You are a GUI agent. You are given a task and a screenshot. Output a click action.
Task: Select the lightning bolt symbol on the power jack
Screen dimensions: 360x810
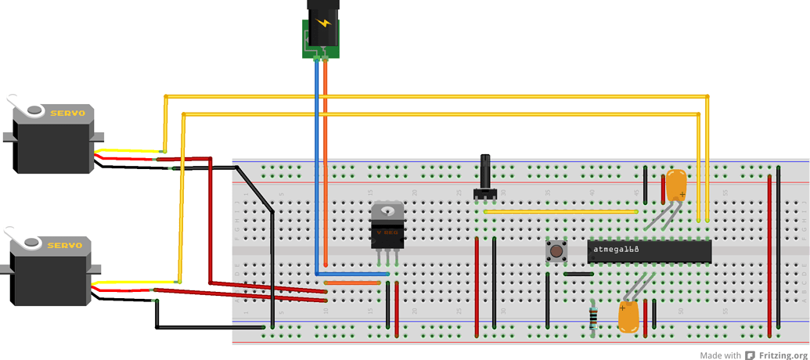coord(323,23)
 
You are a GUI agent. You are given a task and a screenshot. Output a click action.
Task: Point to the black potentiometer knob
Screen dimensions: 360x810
coord(485,174)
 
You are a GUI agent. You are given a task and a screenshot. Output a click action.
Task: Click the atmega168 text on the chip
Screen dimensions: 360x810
coord(617,250)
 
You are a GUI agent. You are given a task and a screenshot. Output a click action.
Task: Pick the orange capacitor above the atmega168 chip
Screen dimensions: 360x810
coord(676,184)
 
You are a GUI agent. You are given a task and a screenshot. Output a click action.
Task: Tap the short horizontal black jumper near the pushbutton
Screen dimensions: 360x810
coord(578,274)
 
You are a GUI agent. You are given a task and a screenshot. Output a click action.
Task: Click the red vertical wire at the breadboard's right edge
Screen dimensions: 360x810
coord(770,250)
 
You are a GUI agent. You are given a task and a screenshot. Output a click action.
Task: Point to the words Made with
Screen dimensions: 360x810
coord(721,355)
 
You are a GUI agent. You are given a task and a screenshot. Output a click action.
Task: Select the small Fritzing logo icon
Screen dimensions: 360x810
coord(751,355)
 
